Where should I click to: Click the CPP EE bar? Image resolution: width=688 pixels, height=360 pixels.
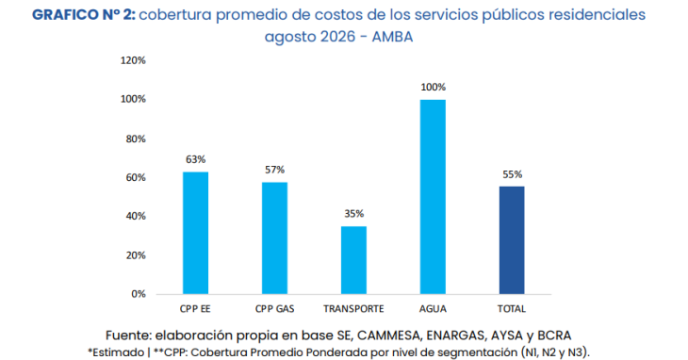(195, 233)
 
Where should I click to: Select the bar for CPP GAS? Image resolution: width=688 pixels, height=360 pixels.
(274, 238)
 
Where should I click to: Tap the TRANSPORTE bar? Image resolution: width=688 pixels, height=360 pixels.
(353, 260)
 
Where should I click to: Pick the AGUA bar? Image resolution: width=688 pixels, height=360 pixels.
(433, 197)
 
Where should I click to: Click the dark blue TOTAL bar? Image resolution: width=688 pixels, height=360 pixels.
(512, 240)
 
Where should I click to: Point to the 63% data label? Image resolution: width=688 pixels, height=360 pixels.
(195, 159)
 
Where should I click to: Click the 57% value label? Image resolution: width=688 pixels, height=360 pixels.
(274, 170)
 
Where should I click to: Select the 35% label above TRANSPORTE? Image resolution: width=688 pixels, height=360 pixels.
(353, 214)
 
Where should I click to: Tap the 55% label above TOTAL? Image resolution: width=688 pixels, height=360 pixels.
(512, 174)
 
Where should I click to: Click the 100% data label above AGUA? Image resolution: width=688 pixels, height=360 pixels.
(434, 88)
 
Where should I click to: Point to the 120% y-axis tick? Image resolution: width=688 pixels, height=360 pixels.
(133, 60)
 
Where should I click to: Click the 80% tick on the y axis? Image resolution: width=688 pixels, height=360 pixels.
(136, 139)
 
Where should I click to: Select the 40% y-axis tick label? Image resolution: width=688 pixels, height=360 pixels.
(136, 216)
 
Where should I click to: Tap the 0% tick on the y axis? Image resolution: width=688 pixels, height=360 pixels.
(139, 294)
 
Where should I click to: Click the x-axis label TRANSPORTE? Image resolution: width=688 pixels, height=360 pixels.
(353, 309)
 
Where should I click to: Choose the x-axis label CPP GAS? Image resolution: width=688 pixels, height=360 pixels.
(274, 309)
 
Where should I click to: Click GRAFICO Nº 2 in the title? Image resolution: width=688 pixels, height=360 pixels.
(84, 15)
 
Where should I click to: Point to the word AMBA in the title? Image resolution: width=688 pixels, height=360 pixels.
(392, 37)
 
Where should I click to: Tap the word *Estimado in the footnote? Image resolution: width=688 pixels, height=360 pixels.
(116, 352)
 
